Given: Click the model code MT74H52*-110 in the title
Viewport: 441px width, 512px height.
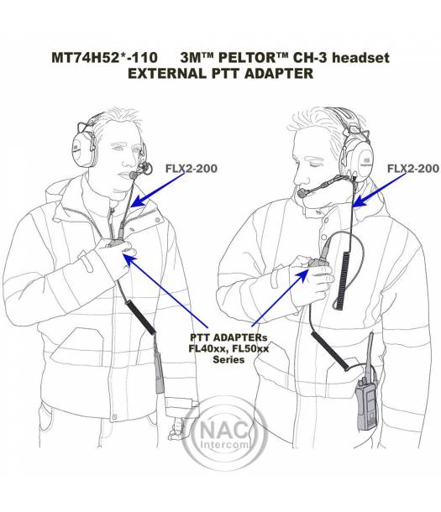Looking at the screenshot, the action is tap(104, 58).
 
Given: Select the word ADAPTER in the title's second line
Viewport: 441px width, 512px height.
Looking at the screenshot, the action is tap(279, 74).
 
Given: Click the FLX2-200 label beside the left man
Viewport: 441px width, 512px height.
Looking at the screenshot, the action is tap(192, 169).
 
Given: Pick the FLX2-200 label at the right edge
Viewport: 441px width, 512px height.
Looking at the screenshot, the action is tap(413, 169).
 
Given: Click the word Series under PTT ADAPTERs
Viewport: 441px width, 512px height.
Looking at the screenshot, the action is tap(228, 359).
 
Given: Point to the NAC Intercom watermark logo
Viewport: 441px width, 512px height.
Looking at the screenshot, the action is tap(224, 434).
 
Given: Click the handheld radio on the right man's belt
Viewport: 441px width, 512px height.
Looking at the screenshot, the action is tap(367, 404).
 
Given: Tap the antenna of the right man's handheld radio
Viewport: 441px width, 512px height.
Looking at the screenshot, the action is tap(370, 355).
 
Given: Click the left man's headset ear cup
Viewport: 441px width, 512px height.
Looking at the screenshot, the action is tap(83, 149).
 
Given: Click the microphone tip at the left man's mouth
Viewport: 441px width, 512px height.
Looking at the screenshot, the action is tap(134, 175).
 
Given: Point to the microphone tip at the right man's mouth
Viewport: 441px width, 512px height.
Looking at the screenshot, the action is tap(302, 193).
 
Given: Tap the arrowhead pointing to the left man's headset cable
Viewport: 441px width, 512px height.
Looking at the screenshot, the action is tap(138, 201).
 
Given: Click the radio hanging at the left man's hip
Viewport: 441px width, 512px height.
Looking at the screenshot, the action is tap(159, 372).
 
